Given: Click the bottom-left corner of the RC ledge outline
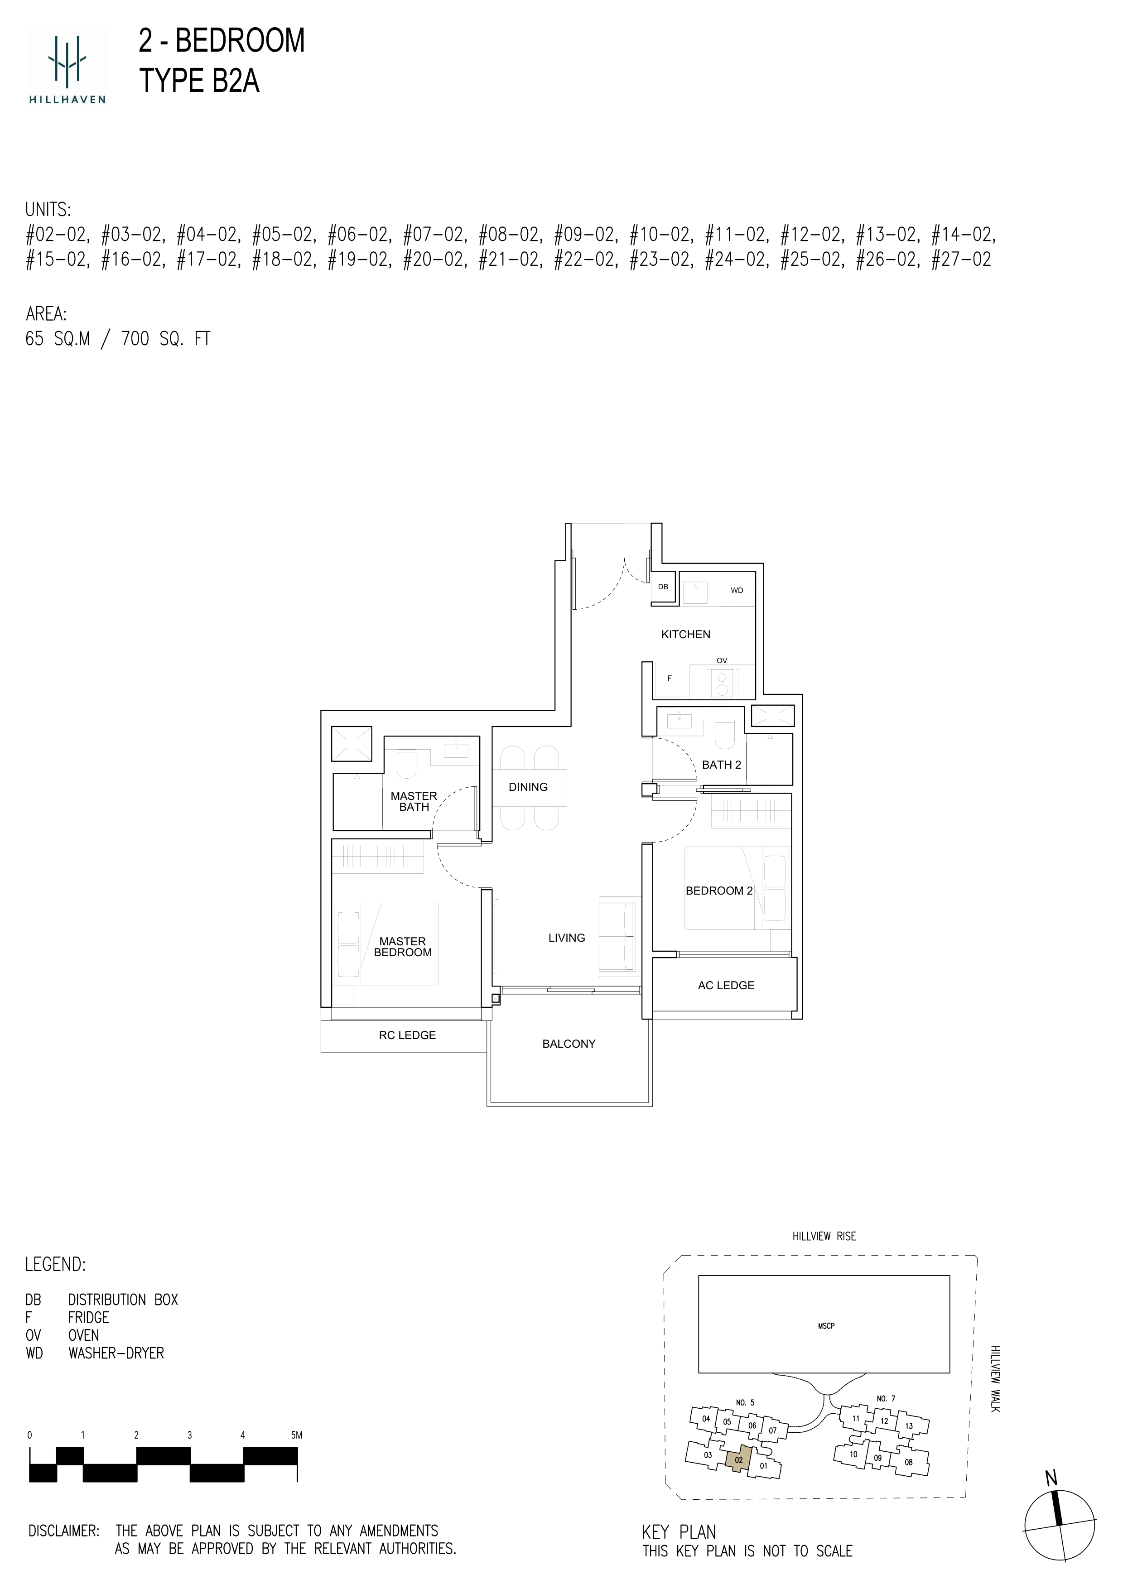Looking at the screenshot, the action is pyautogui.click(x=321, y=1053).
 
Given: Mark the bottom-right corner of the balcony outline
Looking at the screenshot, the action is pyautogui.click(x=652, y=1106).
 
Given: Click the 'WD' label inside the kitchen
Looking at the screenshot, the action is pyautogui.click(x=737, y=590).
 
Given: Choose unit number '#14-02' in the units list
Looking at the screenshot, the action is pyautogui.click(x=963, y=235).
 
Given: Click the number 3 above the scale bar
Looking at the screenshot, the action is pyautogui.click(x=190, y=1435).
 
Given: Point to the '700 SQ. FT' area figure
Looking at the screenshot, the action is pyautogui.click(x=165, y=339).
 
